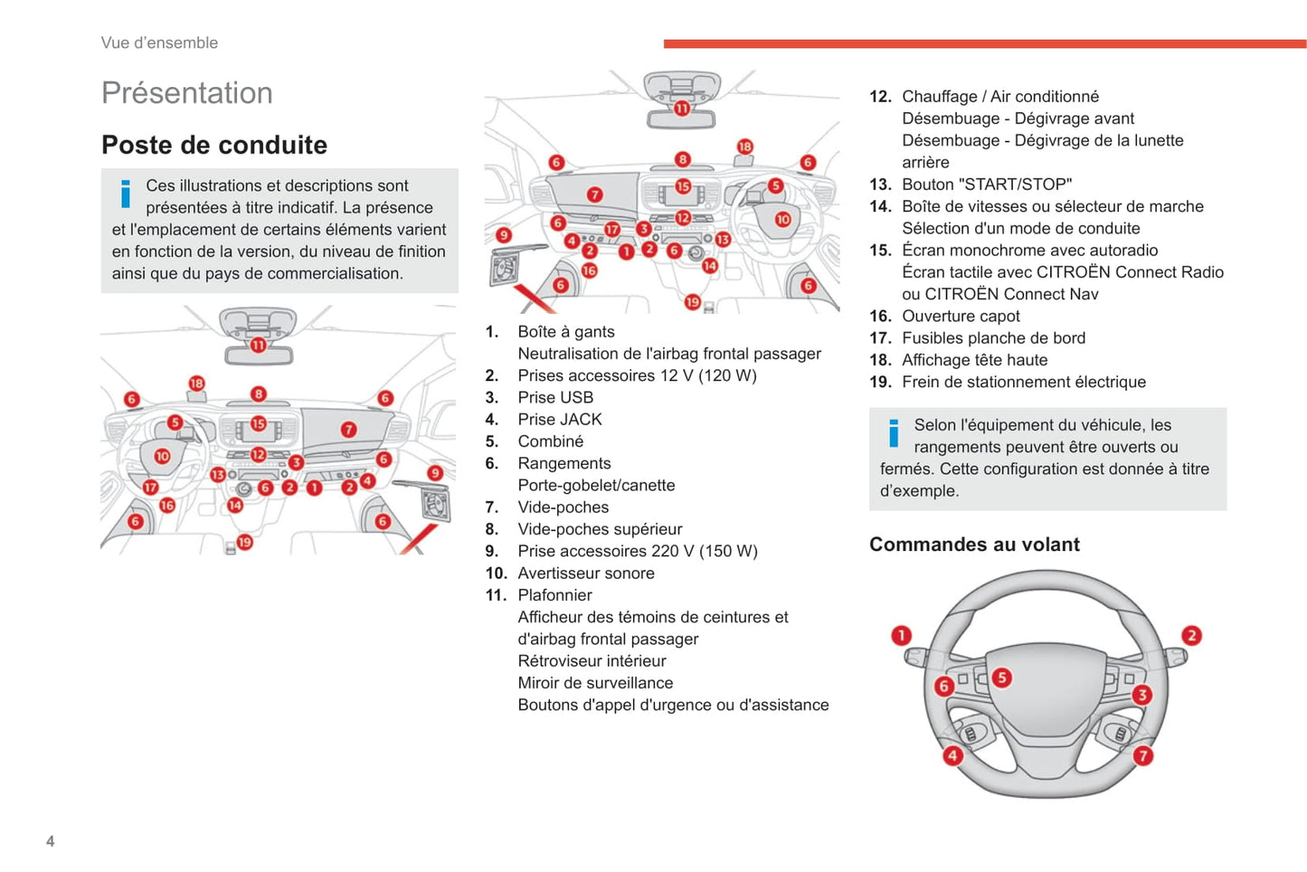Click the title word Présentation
click(x=186, y=93)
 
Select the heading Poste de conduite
click(x=214, y=145)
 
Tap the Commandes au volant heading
click(x=974, y=544)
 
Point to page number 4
click(x=50, y=841)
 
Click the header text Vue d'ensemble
click(x=159, y=43)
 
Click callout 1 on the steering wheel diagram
click(x=902, y=636)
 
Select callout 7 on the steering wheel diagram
click(x=1143, y=756)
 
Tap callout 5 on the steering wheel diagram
click(x=1002, y=678)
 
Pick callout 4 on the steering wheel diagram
click(x=952, y=756)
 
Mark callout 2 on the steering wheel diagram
click(x=1191, y=636)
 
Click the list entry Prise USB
click(x=555, y=397)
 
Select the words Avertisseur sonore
click(x=586, y=573)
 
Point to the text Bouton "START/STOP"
click(x=987, y=185)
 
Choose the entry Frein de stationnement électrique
click(x=1024, y=382)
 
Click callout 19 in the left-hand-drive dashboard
click(x=244, y=542)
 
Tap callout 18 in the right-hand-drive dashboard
click(x=745, y=147)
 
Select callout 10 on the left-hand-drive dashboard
click(x=162, y=457)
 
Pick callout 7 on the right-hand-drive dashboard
click(x=594, y=194)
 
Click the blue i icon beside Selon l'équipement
click(x=894, y=433)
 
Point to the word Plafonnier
click(x=554, y=595)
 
